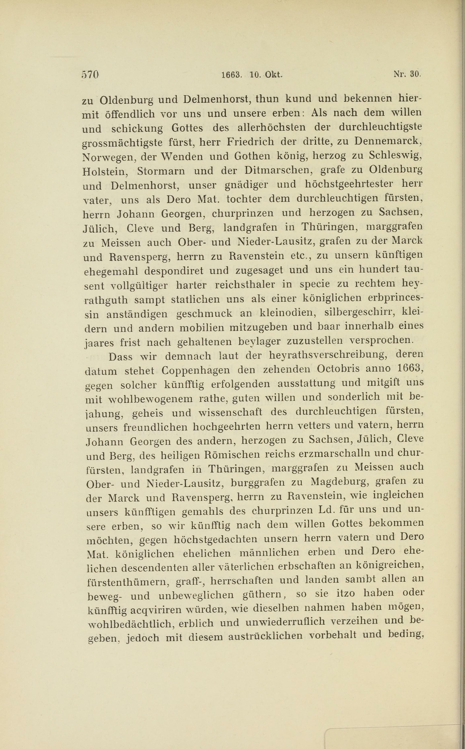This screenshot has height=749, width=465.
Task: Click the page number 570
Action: coord(90,75)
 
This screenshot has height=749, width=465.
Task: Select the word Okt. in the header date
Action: coord(273,75)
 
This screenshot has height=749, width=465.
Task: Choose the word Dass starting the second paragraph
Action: coord(120,356)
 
